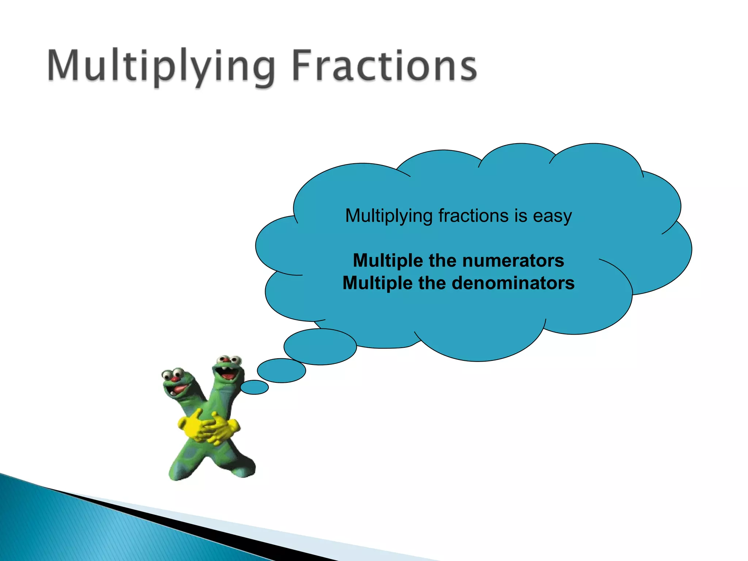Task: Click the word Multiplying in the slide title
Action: click(161, 66)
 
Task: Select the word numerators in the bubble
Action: click(513, 261)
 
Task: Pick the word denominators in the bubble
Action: click(513, 283)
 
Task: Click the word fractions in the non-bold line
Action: click(473, 215)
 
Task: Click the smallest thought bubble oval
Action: click(255, 387)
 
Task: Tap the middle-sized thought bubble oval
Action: click(281, 370)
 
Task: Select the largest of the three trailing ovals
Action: click(320, 346)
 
